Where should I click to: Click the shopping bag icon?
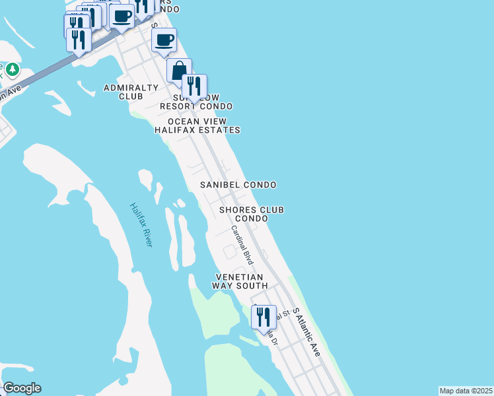[x=179, y=69]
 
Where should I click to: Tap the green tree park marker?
[x=13, y=69]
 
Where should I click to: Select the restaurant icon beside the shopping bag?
[x=194, y=86]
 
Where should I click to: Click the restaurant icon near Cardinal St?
[x=264, y=316]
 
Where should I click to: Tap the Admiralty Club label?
[x=131, y=92]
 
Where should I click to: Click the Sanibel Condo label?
[x=238, y=185]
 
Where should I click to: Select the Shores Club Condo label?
[x=252, y=214]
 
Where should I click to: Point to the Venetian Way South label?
[x=239, y=281]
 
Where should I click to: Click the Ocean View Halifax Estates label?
[x=197, y=125]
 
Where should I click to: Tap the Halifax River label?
[x=141, y=224]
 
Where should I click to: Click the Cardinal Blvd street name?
[x=242, y=245]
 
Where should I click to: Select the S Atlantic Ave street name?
[x=306, y=332]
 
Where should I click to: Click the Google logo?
[x=22, y=388]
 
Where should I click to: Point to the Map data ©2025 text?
[x=466, y=390]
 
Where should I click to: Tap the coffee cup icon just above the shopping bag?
[x=164, y=40]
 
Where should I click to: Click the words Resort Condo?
[x=197, y=106]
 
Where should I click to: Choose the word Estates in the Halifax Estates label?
[x=217, y=130]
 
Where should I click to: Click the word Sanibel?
[x=220, y=185]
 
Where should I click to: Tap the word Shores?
[x=235, y=210]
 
